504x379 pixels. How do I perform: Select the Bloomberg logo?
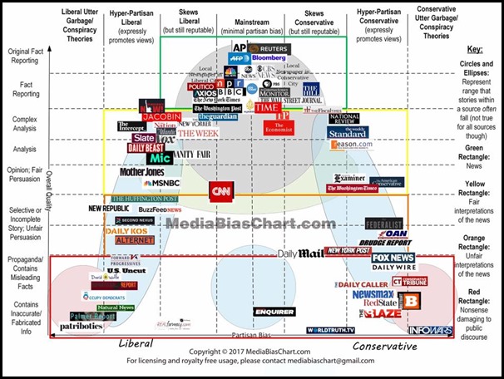click(264, 59)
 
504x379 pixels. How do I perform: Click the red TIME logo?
click(267, 107)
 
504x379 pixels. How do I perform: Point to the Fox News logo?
click(392, 258)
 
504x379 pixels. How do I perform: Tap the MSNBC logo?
click(156, 183)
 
